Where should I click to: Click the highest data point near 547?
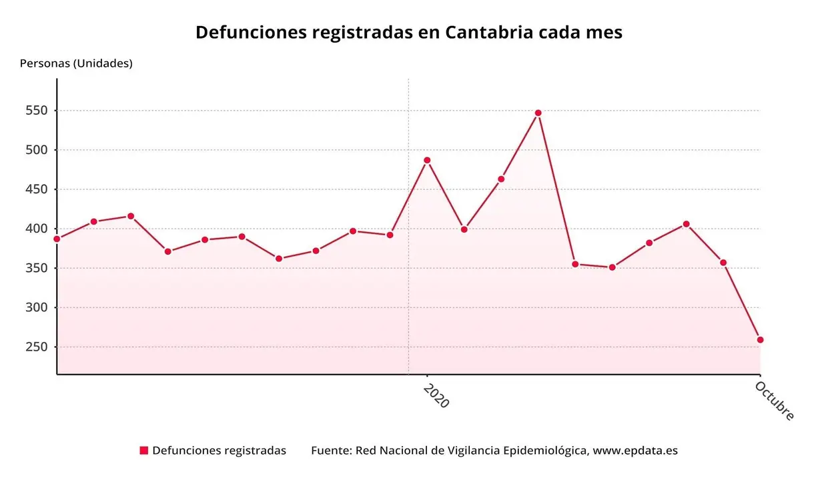click(x=538, y=113)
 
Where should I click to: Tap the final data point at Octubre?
click(x=760, y=340)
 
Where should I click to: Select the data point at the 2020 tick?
click(x=427, y=160)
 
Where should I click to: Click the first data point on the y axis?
click(x=57, y=239)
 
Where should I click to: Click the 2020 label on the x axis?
click(x=436, y=395)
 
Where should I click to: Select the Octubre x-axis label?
click(x=775, y=401)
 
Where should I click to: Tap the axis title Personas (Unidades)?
click(x=76, y=63)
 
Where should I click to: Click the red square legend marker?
click(x=143, y=451)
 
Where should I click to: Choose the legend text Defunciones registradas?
click(x=219, y=451)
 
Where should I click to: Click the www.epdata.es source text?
click(x=635, y=451)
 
